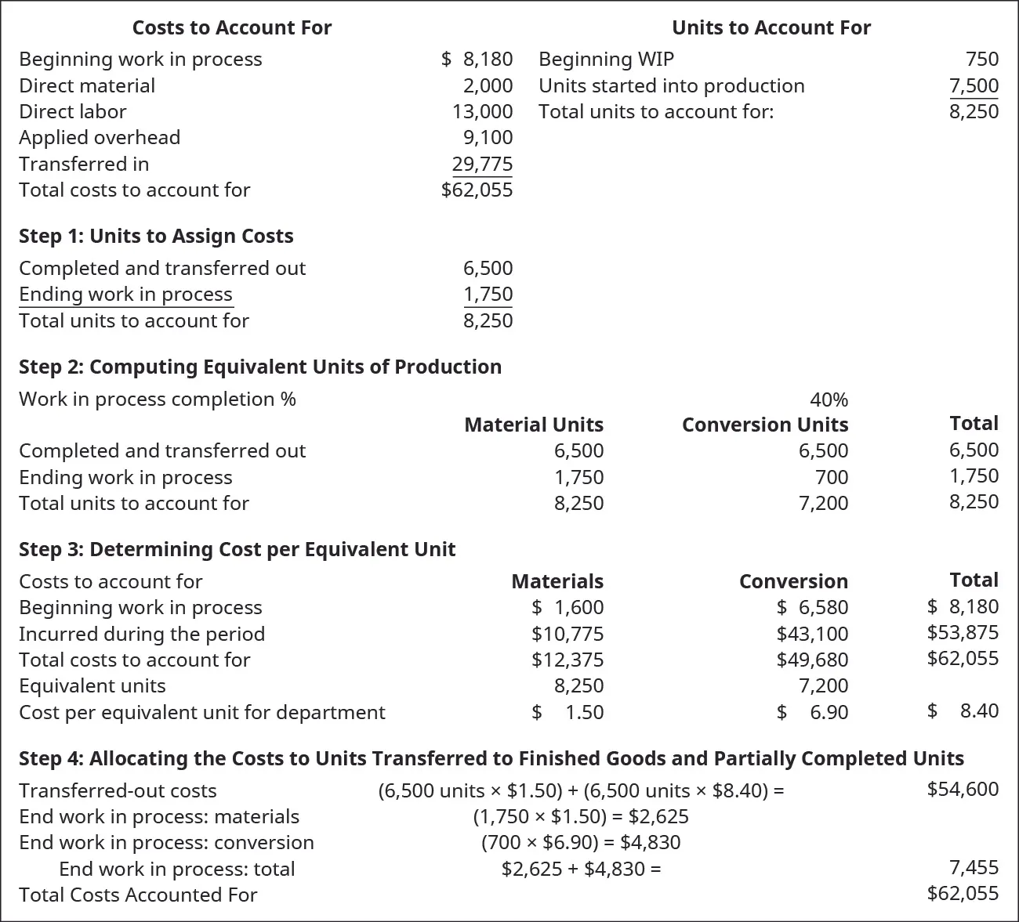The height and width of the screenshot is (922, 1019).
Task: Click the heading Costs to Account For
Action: [231, 27]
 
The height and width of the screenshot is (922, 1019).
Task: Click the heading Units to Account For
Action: [771, 27]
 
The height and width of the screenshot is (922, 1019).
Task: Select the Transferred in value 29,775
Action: [482, 164]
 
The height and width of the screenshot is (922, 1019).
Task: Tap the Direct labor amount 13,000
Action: [482, 111]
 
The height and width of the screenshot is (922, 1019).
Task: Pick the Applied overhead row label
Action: [100, 137]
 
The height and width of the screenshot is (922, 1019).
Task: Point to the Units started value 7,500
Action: [974, 85]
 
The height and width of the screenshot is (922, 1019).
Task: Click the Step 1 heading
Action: [156, 236]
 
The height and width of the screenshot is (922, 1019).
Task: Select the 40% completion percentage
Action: [829, 400]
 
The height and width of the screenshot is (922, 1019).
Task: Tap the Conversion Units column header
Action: [764, 425]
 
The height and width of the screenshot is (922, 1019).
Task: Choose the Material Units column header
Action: [534, 425]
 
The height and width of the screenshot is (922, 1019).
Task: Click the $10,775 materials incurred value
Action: [568, 634]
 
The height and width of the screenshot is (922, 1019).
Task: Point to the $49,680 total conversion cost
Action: [812, 660]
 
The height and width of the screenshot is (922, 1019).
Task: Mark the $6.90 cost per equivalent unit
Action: [813, 712]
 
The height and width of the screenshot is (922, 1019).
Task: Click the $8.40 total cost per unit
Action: [963, 710]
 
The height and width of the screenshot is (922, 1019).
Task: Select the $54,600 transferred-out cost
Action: [963, 789]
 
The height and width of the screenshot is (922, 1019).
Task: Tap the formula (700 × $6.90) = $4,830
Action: [581, 842]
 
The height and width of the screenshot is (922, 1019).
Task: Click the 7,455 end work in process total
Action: [974, 867]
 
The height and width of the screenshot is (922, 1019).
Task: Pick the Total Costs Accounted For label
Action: [138, 895]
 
